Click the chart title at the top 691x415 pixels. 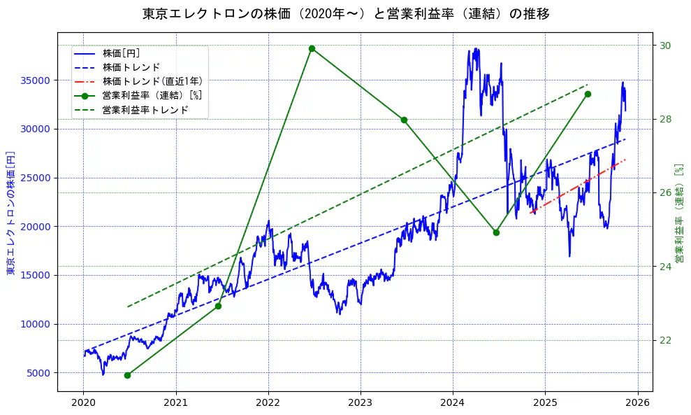[x=346, y=13]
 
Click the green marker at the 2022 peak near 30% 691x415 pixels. [x=312, y=48]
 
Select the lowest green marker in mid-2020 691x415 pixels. [x=127, y=375]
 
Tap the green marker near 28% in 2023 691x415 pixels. [x=404, y=120]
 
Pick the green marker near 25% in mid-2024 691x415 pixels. [x=496, y=232]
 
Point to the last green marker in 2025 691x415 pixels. [x=588, y=94]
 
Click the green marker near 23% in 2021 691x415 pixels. [x=218, y=306]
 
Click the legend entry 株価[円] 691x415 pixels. [x=121, y=53]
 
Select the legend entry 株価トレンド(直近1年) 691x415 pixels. [x=143, y=81]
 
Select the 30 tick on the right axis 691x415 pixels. [x=664, y=45]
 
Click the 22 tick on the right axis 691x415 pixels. [x=664, y=341]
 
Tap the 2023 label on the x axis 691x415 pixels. [x=361, y=402]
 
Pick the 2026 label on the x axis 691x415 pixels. [x=637, y=402]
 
